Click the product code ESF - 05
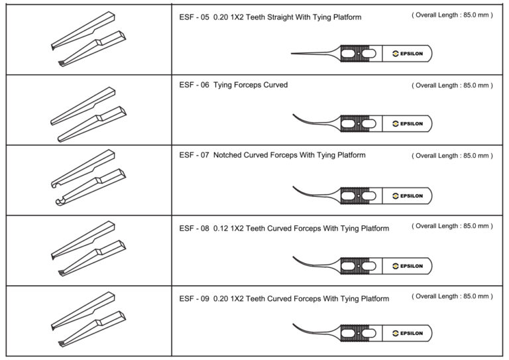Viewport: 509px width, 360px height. (194, 18)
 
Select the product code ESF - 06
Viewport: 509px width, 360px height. (194, 86)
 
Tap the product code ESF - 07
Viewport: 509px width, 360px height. (194, 156)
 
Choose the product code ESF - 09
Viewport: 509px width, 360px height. (194, 299)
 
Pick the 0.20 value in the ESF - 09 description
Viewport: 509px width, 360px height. (222, 299)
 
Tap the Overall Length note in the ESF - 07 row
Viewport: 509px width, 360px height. (451, 156)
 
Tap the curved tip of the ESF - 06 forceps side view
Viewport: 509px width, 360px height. (295, 116)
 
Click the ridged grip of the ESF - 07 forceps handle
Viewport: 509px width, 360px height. (358, 196)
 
